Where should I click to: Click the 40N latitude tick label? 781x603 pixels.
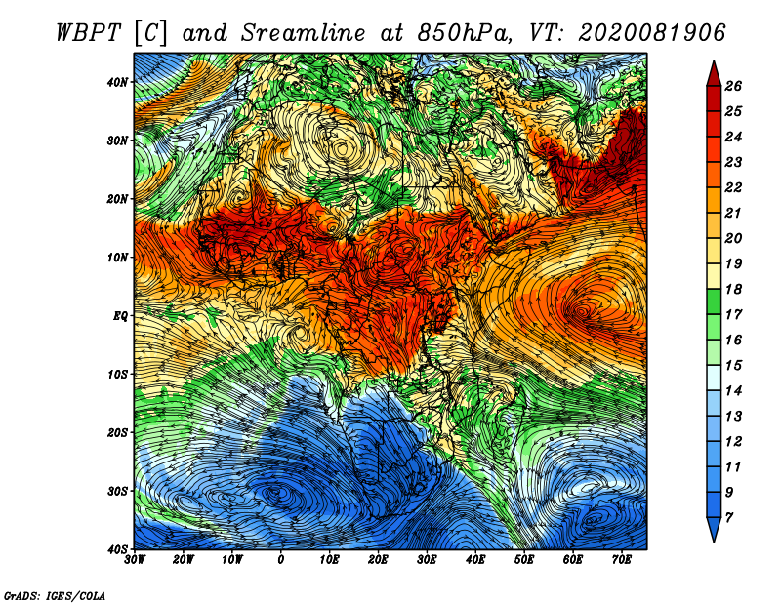pyautogui.click(x=117, y=82)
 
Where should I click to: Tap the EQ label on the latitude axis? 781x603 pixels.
pyautogui.click(x=120, y=316)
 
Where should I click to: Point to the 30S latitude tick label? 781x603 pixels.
pyautogui.click(x=117, y=491)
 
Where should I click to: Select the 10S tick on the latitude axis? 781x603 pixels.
pyautogui.click(x=117, y=374)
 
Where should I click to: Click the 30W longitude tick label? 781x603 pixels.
pyautogui.click(x=135, y=560)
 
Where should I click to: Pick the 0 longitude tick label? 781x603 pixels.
pyautogui.click(x=281, y=560)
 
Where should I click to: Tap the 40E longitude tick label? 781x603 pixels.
pyautogui.click(x=475, y=560)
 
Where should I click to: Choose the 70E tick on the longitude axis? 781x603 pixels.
pyautogui.click(x=622, y=560)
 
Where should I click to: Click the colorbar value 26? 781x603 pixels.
pyautogui.click(x=733, y=86)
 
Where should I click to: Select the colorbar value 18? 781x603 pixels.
pyautogui.click(x=733, y=289)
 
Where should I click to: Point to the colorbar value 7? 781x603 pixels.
pyautogui.click(x=729, y=518)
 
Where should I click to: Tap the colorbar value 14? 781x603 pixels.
pyautogui.click(x=733, y=391)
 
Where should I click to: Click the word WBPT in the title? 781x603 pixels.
pyautogui.click(x=89, y=33)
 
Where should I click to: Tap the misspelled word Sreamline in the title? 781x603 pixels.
pyautogui.click(x=304, y=33)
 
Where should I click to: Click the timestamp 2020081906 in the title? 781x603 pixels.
pyautogui.click(x=651, y=33)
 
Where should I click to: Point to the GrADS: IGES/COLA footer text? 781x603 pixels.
pyautogui.click(x=55, y=595)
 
